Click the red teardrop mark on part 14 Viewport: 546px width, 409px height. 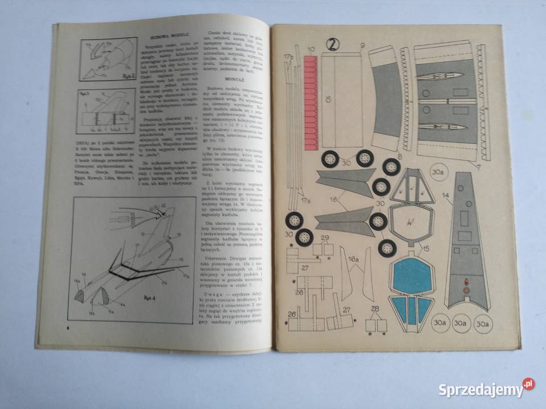coord(466,281)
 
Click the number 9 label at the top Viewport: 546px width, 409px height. coord(361,45)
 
